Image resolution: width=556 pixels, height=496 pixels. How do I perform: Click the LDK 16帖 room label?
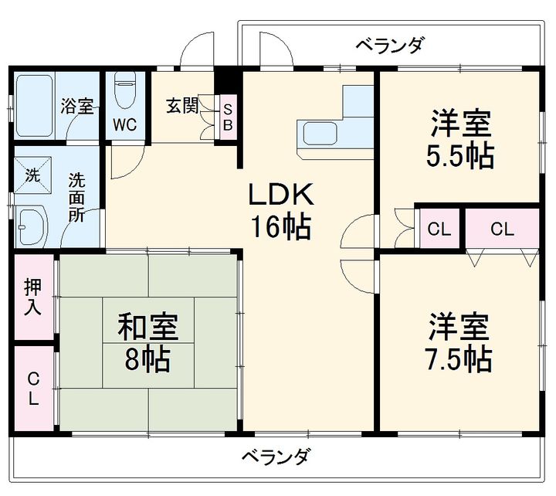279,209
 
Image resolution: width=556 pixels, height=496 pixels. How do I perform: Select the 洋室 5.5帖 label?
460,140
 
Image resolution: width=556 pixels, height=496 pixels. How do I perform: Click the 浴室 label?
77,107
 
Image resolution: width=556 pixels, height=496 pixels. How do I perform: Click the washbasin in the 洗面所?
32,224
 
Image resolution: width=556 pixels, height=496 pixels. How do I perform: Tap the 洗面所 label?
77,199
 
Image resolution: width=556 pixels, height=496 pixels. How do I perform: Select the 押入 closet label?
32,297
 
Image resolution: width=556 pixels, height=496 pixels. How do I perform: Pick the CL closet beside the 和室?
32,389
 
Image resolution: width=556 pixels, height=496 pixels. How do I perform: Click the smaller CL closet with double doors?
439,229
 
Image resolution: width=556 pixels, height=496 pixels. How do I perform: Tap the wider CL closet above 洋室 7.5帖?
500,229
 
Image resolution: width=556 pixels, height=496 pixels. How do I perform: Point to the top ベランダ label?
389,45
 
